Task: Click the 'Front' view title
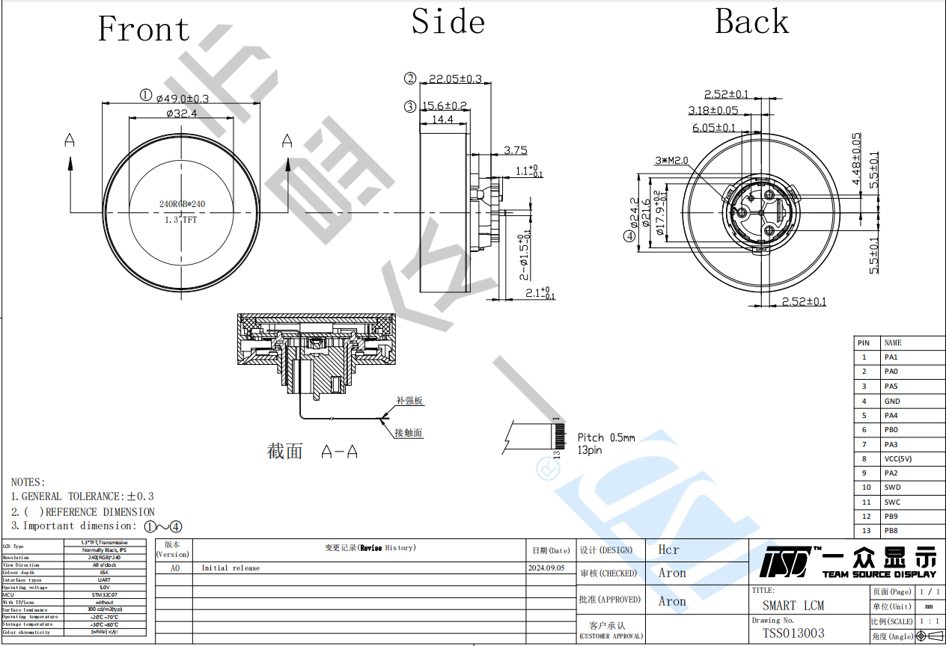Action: (144, 30)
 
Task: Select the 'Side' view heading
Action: (448, 21)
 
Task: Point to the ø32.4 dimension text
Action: (181, 114)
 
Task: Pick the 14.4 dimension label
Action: (442, 120)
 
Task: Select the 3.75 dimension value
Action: (515, 150)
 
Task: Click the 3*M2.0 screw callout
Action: (671, 161)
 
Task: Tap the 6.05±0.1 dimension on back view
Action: (713, 128)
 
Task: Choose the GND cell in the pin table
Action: (892, 401)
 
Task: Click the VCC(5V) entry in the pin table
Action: (897, 459)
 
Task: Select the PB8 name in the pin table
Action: (891, 531)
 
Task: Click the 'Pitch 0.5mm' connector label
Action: (605, 437)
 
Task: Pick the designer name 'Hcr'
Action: (668, 550)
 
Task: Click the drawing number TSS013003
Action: (793, 633)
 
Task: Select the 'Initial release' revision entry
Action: (231, 568)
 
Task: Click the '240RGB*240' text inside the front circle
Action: (182, 204)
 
